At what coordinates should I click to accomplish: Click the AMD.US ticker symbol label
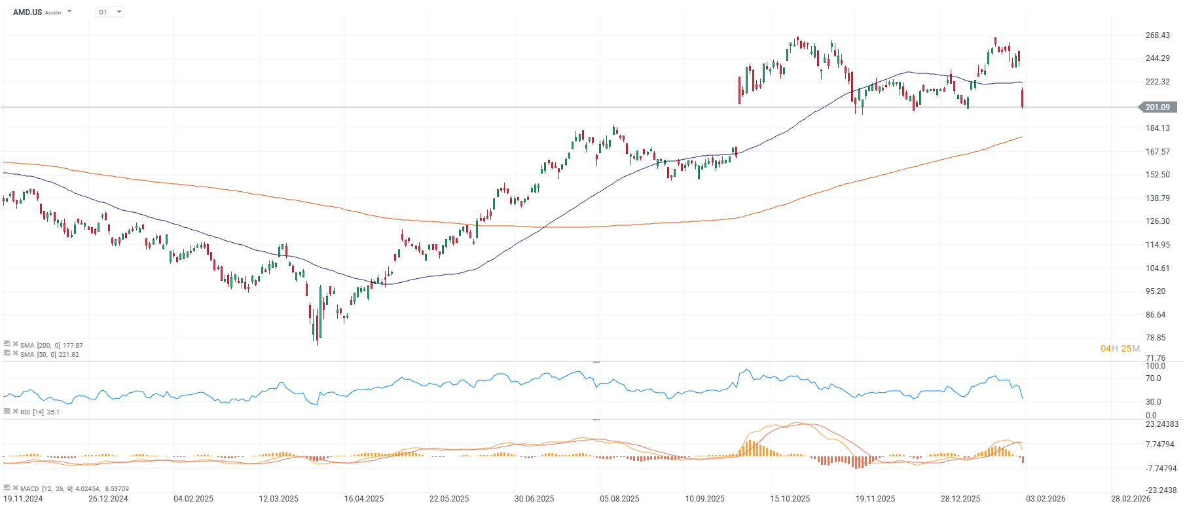(x=27, y=12)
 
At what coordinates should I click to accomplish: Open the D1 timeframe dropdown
(x=110, y=12)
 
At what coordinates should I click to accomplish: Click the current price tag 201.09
(x=1158, y=107)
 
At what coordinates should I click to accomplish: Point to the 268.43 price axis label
(x=1158, y=35)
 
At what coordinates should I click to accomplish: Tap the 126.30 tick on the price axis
(x=1158, y=221)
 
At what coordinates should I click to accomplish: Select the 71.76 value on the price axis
(x=1156, y=358)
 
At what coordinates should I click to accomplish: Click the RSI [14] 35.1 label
(x=39, y=412)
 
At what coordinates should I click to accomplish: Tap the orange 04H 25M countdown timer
(x=1120, y=348)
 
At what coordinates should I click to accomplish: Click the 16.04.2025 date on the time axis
(x=364, y=499)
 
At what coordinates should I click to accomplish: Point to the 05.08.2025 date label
(x=619, y=499)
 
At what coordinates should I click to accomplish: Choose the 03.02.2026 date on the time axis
(x=1046, y=499)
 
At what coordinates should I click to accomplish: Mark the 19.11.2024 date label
(x=23, y=499)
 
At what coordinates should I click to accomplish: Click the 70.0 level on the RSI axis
(x=1154, y=378)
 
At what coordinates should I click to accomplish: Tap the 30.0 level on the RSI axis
(x=1154, y=402)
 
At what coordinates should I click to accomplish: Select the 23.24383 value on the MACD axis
(x=1162, y=424)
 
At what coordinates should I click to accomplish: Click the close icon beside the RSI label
(x=16, y=411)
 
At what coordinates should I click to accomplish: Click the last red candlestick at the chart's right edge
(x=1023, y=98)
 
